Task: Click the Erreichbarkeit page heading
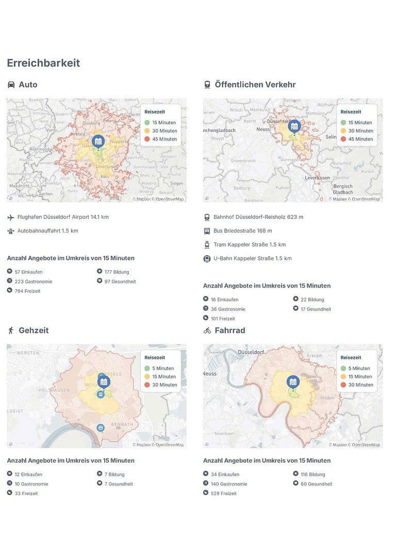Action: [x=43, y=63]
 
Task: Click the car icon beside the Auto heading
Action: [x=11, y=85]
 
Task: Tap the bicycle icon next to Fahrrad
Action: [x=207, y=330]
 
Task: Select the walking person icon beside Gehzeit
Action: [x=11, y=330]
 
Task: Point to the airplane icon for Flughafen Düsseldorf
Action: [x=11, y=217]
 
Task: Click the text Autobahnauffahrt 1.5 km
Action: [x=47, y=231]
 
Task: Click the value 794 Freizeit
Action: [x=27, y=291]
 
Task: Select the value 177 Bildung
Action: [x=117, y=272]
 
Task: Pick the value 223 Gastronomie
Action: [x=33, y=282]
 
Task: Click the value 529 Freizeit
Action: [x=223, y=494]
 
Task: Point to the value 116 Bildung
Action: [x=313, y=474]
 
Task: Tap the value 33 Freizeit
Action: [x=26, y=494]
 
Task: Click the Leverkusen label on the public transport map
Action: [x=318, y=177]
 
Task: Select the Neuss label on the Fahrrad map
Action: [x=210, y=373]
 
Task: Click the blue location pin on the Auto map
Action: [x=98, y=141]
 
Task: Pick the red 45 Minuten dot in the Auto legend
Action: [x=147, y=139]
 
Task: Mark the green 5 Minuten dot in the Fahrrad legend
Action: [x=343, y=368]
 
